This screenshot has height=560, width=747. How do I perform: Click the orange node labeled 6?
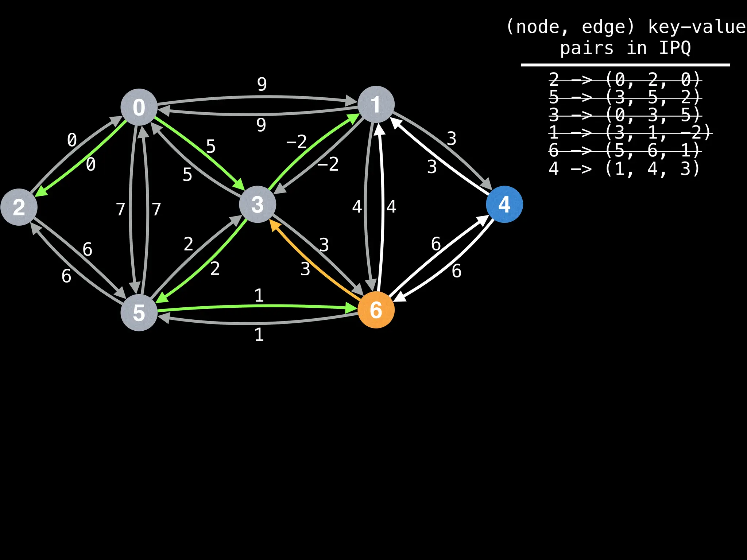pyautogui.click(x=376, y=310)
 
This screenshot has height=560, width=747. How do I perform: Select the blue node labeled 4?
pyautogui.click(x=504, y=204)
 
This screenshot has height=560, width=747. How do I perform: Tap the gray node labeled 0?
pyautogui.click(x=139, y=107)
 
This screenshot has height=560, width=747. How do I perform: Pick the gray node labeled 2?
pyautogui.click(x=19, y=207)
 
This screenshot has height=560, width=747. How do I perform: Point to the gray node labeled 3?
pyautogui.click(x=258, y=204)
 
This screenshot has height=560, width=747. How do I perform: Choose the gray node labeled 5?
pyautogui.click(x=139, y=313)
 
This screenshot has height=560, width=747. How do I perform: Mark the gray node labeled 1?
pyautogui.click(x=376, y=105)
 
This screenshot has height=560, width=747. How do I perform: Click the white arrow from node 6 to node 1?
pyautogui.click(x=382, y=208)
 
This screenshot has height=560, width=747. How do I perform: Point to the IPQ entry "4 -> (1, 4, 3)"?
pyautogui.click(x=624, y=169)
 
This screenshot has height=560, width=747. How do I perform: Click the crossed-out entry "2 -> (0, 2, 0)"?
pyautogui.click(x=625, y=79)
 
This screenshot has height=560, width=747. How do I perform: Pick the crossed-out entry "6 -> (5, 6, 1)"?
pyautogui.click(x=625, y=150)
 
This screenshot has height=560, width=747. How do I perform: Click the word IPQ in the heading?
pyautogui.click(x=675, y=48)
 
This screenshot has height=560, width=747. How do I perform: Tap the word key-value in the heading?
pyautogui.click(x=697, y=27)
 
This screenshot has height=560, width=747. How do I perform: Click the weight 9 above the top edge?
pyautogui.click(x=262, y=84)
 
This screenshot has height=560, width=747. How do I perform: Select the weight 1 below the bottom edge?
pyautogui.click(x=259, y=335)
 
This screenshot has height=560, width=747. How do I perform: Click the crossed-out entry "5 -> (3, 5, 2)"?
pyautogui.click(x=625, y=97)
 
